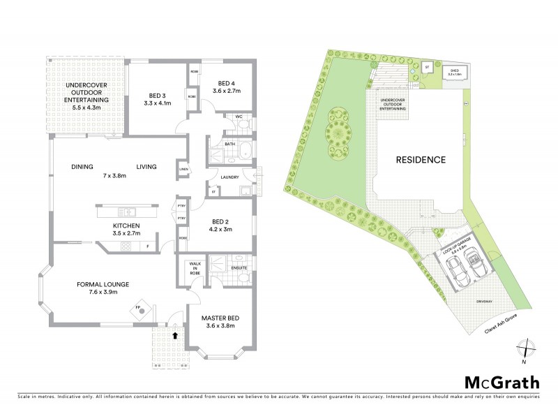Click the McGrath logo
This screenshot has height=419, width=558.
click(x=502, y=382)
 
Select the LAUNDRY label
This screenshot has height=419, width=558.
click(x=229, y=177)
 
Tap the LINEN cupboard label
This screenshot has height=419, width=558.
click(x=183, y=169)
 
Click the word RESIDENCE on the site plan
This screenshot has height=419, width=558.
click(x=421, y=159)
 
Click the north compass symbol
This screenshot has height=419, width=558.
click(x=528, y=348)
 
